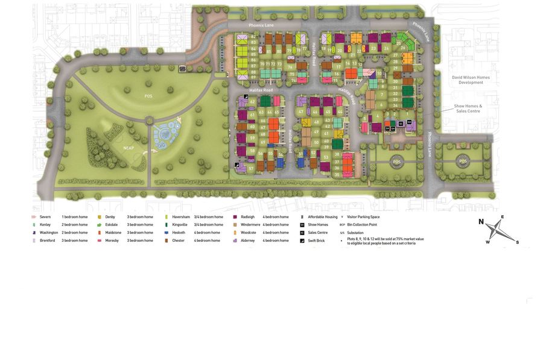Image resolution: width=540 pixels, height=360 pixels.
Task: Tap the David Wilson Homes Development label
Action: pyautogui.click(x=471, y=80)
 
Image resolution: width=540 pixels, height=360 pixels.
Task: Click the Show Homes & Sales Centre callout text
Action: pyautogui.click(x=468, y=109)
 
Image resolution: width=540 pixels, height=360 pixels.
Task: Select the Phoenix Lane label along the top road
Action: pyautogui.click(x=261, y=25)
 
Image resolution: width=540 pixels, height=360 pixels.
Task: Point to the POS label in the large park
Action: pyautogui.click(x=148, y=96)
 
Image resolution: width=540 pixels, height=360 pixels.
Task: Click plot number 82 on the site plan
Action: pyautogui.click(x=253, y=37)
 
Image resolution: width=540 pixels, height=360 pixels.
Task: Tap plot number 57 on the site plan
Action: pyautogui.click(x=251, y=168)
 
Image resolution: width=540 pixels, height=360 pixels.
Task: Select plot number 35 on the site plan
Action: pyautogui.click(x=337, y=174)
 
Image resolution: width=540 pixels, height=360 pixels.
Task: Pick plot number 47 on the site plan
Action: pyautogui.click(x=300, y=112)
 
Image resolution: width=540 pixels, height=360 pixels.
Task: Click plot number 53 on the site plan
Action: pyautogui.click(x=326, y=157)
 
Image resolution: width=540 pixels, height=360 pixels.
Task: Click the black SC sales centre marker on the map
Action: pyautogui.click(x=400, y=124)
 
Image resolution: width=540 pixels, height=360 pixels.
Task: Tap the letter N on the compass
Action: pyautogui.click(x=481, y=221)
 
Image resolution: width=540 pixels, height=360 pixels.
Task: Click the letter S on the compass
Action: pyautogui.click(x=517, y=242)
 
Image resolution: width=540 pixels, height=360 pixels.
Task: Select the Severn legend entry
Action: pyautogui.click(x=45, y=216)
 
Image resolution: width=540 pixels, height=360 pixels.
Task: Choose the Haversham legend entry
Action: pyautogui.click(x=181, y=216)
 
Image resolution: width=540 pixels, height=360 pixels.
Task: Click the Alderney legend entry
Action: pyautogui.click(x=248, y=240)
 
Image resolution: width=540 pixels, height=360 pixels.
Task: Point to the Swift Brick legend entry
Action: pyautogui.click(x=316, y=240)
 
